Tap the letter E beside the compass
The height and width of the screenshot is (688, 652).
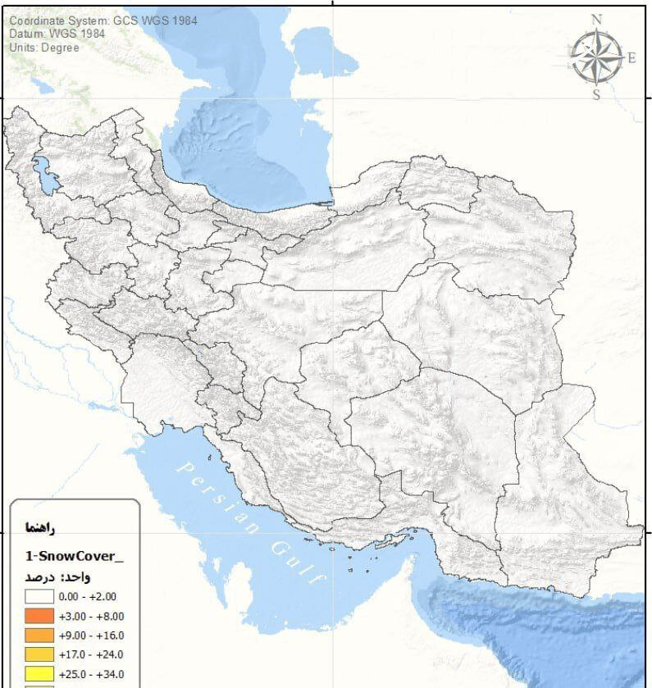coord(631,58)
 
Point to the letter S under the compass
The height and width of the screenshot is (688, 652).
coord(596,94)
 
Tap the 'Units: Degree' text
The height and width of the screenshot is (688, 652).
coord(45,48)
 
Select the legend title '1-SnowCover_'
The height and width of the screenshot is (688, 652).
coord(75,556)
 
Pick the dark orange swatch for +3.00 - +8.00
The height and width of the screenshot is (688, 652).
coord(40,617)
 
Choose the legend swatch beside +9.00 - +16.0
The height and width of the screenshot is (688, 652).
coord(40,636)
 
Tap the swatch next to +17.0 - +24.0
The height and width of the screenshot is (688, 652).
coord(40,654)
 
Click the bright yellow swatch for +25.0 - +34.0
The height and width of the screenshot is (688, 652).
coord(40,674)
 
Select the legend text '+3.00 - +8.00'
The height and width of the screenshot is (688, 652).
coord(92,617)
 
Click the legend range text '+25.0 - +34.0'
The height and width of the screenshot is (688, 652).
coord(92,674)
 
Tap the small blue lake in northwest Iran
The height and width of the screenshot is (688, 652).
coord(45,175)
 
